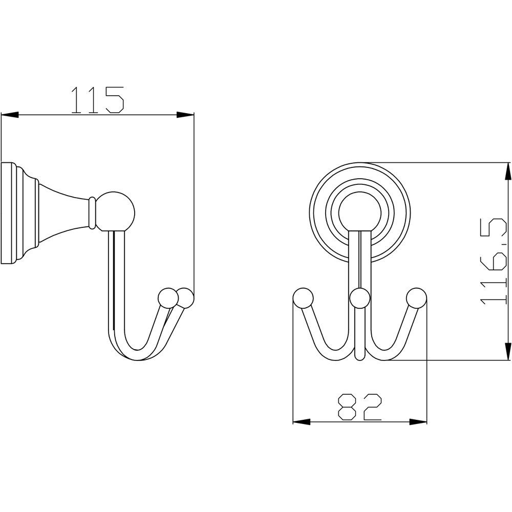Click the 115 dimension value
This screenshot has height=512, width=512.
click(98, 100)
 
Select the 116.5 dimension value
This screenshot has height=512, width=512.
click(493, 263)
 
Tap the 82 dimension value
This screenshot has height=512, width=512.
click(359, 407)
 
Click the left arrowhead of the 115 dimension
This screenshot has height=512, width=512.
click(10, 115)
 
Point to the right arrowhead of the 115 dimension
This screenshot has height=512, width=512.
click(185, 115)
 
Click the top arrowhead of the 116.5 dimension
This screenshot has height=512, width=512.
click(508, 171)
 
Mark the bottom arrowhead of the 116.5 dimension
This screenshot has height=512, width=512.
click(508, 352)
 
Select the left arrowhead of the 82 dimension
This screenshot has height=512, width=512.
click(302, 422)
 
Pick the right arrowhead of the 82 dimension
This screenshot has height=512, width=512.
click(418, 422)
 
